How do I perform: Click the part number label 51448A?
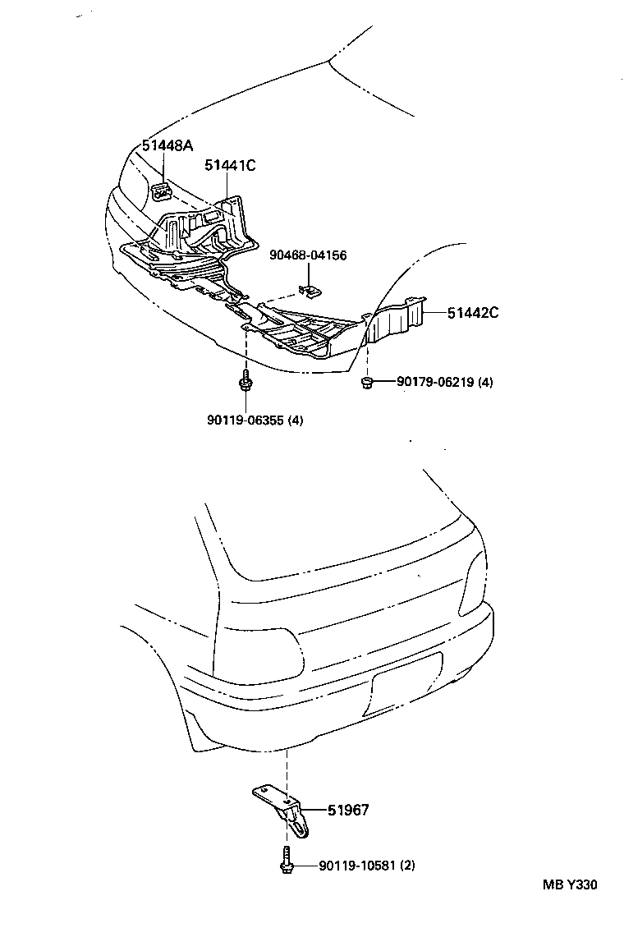pos(167,146)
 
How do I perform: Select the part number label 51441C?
pos(230,165)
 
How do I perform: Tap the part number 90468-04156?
pos(308,255)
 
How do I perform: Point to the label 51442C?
pos(473,312)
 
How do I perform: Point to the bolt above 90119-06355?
pos(245,383)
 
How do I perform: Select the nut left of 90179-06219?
pos(368,382)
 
